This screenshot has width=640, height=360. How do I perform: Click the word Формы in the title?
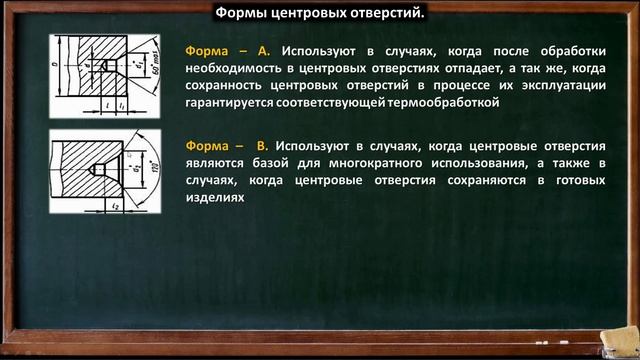tap(241, 13)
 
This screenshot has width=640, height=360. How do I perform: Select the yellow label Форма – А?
tap(228, 49)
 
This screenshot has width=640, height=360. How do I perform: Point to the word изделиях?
tap(215, 199)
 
